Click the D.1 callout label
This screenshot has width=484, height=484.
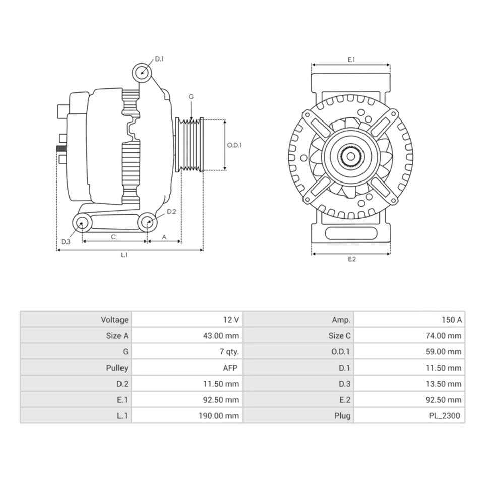pos(159,59)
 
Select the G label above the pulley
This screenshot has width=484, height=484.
pos(191,96)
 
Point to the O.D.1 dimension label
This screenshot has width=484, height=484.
pos(234,145)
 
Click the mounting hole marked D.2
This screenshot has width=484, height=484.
pos(147,222)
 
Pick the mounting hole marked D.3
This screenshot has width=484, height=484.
pos(82,222)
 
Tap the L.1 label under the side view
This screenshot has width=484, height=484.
pos(124,255)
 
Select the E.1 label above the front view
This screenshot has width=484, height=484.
pos(351,59)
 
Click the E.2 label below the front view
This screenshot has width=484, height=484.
pos(351,259)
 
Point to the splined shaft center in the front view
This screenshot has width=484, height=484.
pos(350,156)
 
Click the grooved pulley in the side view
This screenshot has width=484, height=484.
pos(189,145)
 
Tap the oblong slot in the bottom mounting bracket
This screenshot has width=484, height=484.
pos(351,233)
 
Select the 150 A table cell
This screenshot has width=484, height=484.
pos(451,320)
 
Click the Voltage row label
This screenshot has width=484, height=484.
pos(114,320)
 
